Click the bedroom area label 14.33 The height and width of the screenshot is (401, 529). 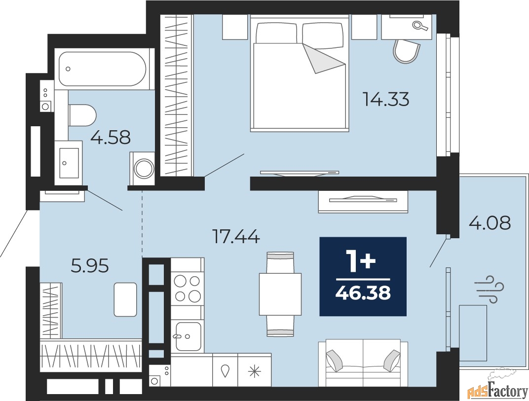386,100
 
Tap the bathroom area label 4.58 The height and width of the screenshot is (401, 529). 111,137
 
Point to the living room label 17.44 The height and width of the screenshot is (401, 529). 235,237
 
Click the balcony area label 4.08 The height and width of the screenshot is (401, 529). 489,223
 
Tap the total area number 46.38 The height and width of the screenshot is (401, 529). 363,293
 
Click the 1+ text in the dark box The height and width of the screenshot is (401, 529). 363,262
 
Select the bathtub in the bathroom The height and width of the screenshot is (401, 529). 103,69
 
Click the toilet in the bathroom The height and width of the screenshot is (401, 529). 82,115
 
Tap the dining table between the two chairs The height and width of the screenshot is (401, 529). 280,294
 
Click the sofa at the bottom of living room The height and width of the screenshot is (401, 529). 363,364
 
